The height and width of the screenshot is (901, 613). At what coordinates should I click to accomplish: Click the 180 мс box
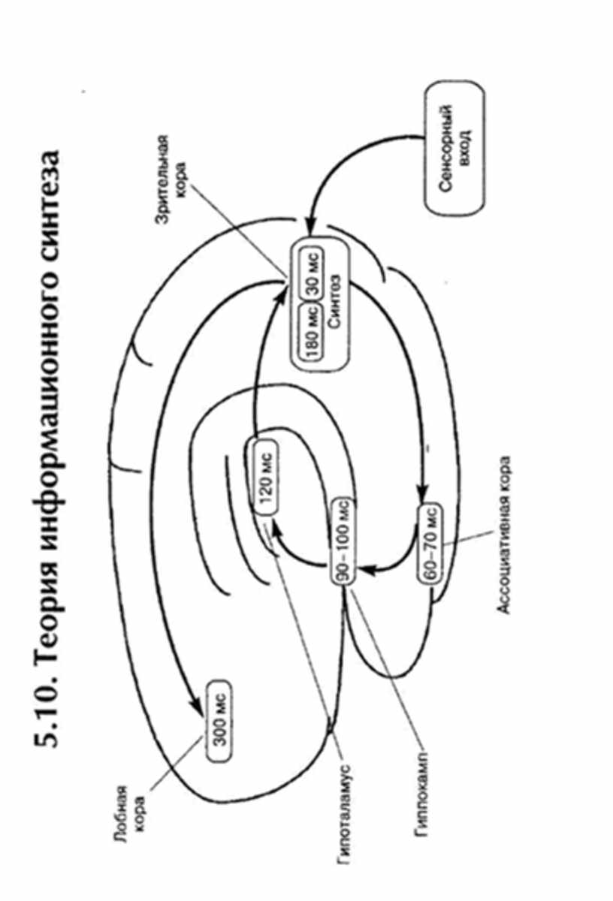pyautogui.click(x=314, y=333)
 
